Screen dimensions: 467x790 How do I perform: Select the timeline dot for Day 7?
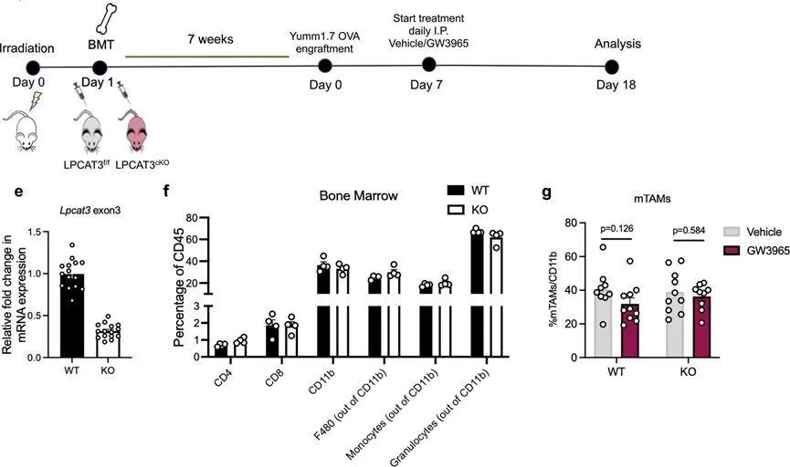tap(427, 64)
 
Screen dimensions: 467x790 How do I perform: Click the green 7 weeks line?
tap(206, 57)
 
